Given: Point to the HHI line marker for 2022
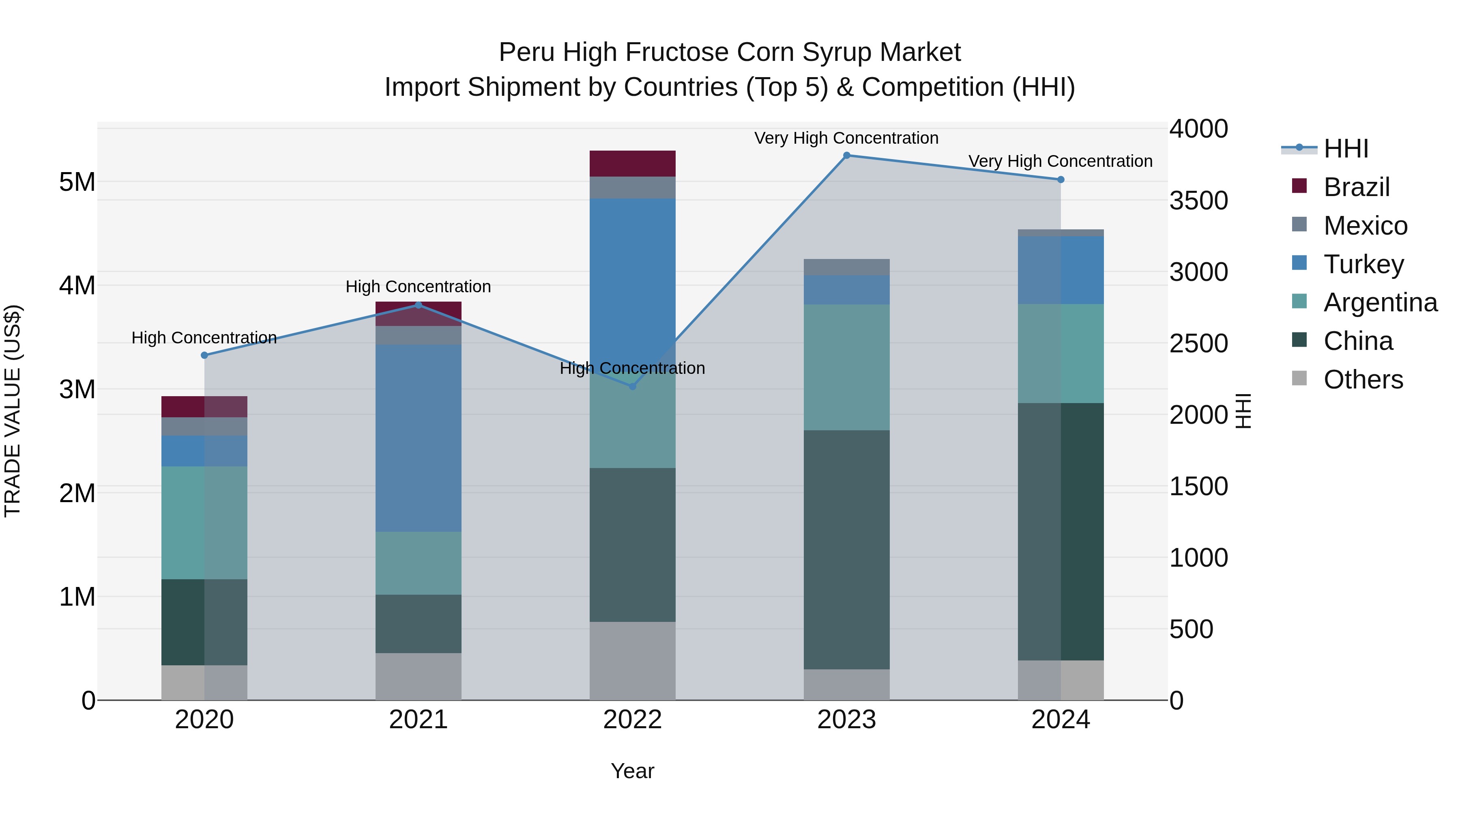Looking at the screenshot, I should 633,386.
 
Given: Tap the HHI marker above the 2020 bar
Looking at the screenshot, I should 205,355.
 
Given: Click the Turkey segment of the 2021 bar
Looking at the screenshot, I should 418,438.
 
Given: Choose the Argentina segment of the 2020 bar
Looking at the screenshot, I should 205,522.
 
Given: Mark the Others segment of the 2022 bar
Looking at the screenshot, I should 633,660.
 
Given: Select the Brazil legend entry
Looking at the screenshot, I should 1356,187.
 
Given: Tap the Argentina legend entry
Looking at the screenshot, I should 1380,302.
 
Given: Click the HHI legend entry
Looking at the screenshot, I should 1346,149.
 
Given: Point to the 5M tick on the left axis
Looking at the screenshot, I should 77,182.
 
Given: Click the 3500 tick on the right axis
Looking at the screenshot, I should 1198,201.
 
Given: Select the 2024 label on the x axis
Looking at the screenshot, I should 1061,720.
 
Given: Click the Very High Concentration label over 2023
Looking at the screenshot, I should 846,138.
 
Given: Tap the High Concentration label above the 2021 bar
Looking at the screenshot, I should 418,287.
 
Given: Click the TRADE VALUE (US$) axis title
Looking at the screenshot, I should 13,411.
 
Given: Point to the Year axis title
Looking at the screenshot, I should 633,771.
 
